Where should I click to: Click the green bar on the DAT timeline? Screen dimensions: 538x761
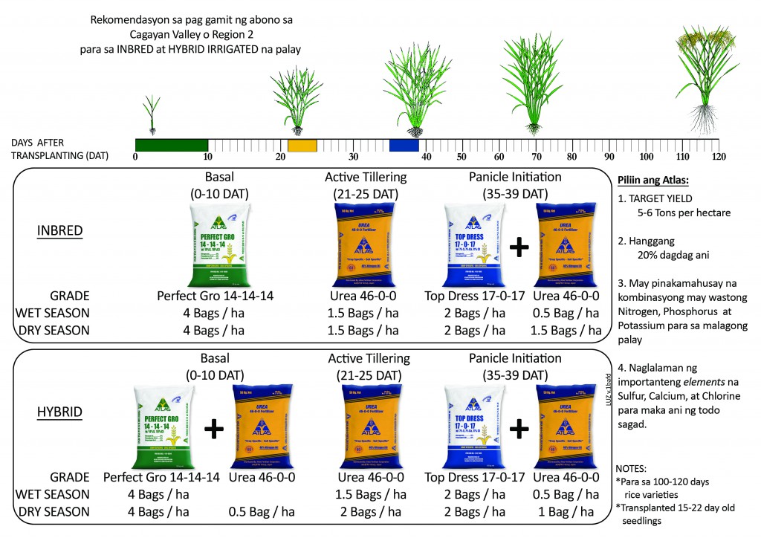171,146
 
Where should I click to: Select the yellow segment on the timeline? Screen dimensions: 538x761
302,146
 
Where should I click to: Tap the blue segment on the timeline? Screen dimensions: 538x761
404,146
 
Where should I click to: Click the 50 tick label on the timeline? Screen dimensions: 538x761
461,157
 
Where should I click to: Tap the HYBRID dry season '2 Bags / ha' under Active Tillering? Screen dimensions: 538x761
366,512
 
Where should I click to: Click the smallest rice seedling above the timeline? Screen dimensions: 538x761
152,114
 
